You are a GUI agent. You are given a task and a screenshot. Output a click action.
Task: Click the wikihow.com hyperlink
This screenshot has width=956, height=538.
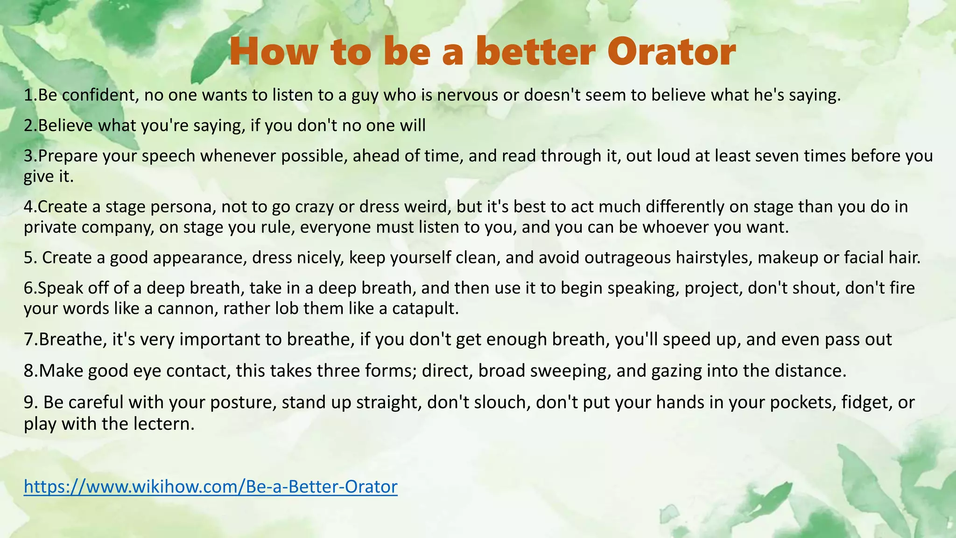pyautogui.click(x=211, y=487)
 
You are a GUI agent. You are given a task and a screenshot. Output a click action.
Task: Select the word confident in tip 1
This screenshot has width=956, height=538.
pyautogui.click(x=100, y=95)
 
